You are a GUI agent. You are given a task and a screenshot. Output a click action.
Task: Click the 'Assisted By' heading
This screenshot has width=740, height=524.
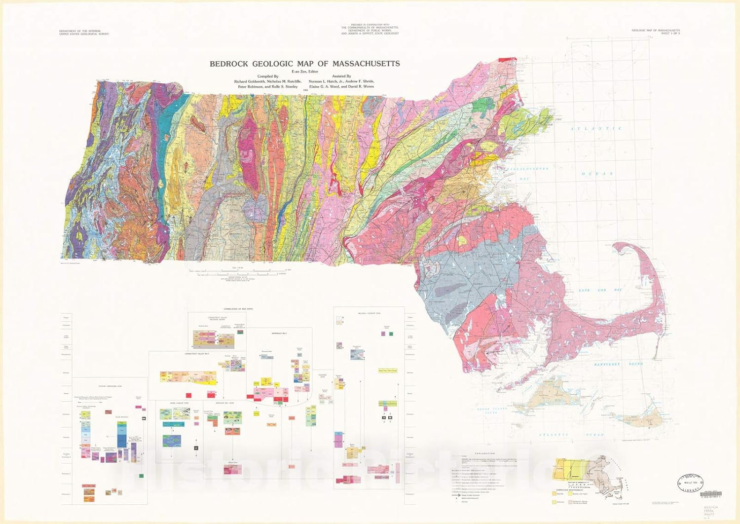tap(341, 76)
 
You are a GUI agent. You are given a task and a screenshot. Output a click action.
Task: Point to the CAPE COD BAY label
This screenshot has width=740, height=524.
tap(600, 290)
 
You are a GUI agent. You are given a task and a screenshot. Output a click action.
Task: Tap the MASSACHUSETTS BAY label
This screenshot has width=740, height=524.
tap(528, 169)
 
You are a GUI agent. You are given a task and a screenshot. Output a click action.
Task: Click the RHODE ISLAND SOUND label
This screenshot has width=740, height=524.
tap(491, 411)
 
